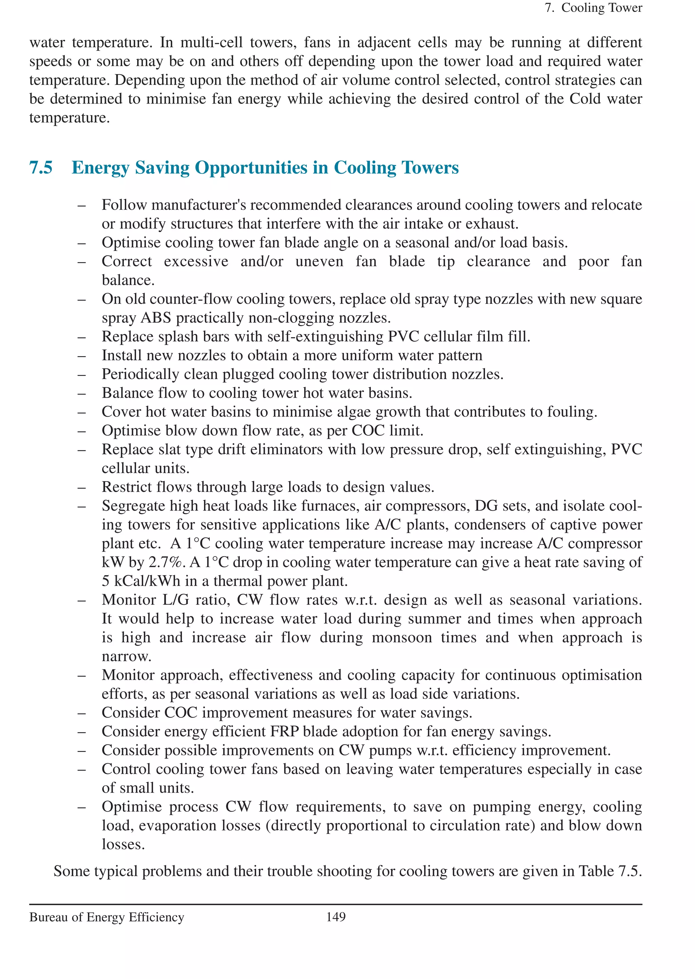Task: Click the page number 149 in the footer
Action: (336, 917)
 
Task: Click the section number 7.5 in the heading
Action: (41, 167)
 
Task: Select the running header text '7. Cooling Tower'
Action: (593, 8)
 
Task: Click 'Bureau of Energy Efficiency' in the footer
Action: (107, 917)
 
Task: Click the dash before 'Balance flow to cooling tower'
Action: (82, 393)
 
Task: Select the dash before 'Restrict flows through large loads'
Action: (82, 487)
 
